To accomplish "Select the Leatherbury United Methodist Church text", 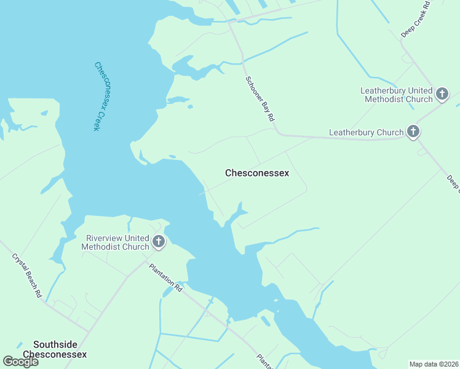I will pos(397,95).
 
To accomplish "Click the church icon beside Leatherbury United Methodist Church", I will pos(442,94).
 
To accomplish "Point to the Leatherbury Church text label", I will pos(366,132).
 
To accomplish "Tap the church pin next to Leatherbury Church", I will pos(413,131).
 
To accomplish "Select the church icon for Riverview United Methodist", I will pos(159,242).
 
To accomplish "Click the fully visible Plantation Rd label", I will pos(166,278).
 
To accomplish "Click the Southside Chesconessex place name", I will pos(55,349).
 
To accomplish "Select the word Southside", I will pos(55,345).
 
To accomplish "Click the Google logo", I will pos(20,362).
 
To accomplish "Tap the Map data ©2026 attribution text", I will pos(434,364).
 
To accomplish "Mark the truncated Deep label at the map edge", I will pos(453,183).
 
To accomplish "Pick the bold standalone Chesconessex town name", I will pos(257,173).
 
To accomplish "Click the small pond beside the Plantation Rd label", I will pos(167,292).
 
